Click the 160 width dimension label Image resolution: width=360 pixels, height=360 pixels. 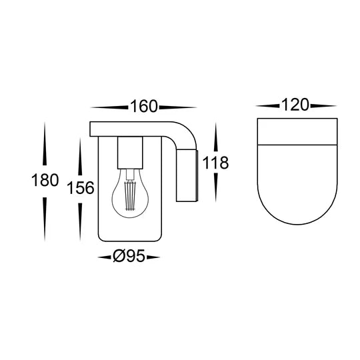pyautogui.click(x=144, y=107)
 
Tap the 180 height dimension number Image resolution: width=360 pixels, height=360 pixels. pyautogui.click(x=45, y=180)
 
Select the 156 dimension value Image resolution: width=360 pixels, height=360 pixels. pyautogui.click(x=81, y=188)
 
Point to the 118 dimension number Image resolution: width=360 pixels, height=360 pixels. pyautogui.click(x=215, y=163)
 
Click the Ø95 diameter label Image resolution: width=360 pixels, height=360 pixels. pyautogui.click(x=129, y=256)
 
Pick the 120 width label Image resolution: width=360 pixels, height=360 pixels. pyautogui.click(x=295, y=105)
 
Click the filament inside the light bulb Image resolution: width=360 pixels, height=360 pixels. pyautogui.click(x=130, y=195)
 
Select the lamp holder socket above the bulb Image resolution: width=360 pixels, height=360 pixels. pyautogui.click(x=130, y=153)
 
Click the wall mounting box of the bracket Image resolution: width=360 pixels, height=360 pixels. pyautogui.click(x=187, y=175)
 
